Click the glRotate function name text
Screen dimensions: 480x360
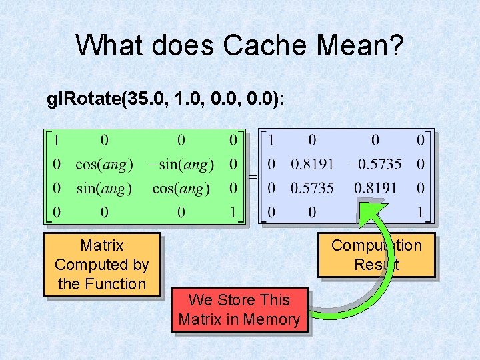coord(86,99)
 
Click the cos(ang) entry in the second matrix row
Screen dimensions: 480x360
coord(104,164)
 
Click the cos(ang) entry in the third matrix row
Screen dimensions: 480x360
coord(181,189)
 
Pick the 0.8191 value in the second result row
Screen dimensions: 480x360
coord(311,164)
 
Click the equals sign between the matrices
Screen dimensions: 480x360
coord(252,177)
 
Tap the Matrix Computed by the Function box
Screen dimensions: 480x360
coord(102,265)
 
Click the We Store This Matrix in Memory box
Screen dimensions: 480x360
coord(239,310)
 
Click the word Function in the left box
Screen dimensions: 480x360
coord(120,284)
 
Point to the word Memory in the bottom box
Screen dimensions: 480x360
coord(270,319)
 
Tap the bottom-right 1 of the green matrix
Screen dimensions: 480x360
coord(233,213)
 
